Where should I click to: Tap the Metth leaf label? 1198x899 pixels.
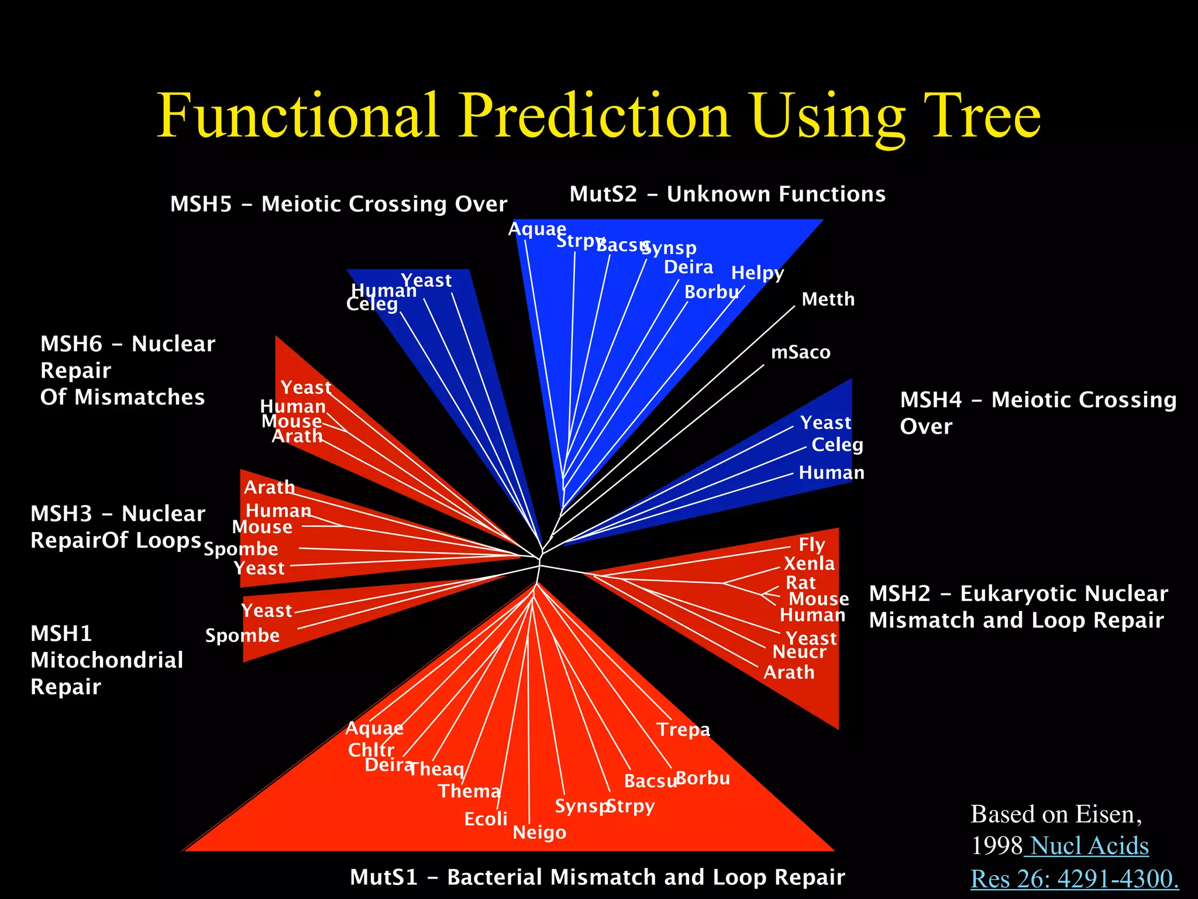(x=828, y=300)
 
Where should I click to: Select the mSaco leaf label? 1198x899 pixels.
(x=800, y=352)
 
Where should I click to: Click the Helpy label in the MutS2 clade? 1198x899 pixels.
(x=757, y=273)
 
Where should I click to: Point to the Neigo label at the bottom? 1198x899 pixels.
(x=539, y=832)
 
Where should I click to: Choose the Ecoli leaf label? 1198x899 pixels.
(x=486, y=819)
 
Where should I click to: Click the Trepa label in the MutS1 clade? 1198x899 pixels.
(x=683, y=730)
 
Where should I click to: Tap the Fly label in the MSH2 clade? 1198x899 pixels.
(x=812, y=545)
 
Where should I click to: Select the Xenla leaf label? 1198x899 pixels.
(x=809, y=564)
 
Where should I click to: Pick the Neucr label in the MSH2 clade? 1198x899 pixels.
(x=799, y=652)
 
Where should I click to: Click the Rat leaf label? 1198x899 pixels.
(x=800, y=583)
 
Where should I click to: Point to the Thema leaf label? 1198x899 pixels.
(x=469, y=791)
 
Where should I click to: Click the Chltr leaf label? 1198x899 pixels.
(x=371, y=750)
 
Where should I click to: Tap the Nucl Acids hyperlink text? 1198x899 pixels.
(x=1089, y=846)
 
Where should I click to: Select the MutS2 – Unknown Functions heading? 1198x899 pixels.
(x=727, y=194)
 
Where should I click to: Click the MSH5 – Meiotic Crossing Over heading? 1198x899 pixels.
(x=338, y=204)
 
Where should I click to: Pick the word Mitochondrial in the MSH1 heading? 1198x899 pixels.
(x=107, y=660)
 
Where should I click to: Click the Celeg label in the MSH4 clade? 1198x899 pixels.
(x=837, y=445)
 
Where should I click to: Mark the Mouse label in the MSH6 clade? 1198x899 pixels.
(x=291, y=421)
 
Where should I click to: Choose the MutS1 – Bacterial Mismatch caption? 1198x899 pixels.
(x=597, y=877)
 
